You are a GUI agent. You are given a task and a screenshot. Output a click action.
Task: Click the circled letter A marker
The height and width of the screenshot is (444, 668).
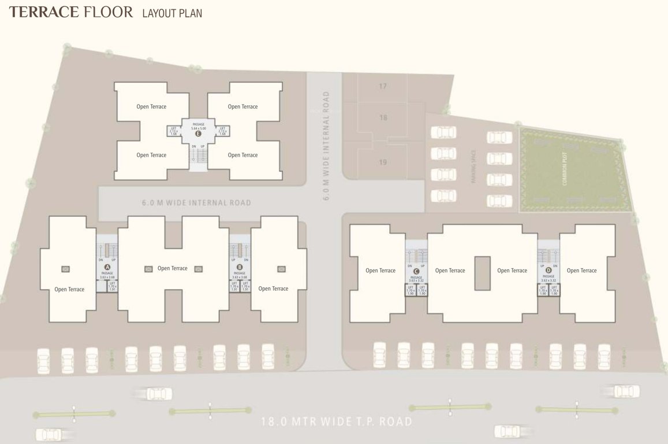point(107,267)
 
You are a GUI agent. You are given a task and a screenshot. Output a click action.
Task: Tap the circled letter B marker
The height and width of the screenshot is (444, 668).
point(240,267)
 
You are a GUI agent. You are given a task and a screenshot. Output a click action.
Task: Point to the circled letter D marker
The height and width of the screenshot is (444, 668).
point(548,270)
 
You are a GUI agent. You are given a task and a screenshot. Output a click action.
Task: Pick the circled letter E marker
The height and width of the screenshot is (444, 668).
point(198,134)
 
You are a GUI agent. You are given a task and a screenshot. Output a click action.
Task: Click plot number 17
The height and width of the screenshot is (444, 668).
point(383,87)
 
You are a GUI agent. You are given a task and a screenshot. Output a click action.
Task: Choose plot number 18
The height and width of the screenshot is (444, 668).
point(383,118)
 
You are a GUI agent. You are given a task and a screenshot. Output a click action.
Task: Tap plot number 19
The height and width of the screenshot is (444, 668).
point(383,162)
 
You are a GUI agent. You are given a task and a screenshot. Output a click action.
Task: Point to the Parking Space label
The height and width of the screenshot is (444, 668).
point(473,172)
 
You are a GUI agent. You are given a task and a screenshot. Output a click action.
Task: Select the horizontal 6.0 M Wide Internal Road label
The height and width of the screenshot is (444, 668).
point(196,203)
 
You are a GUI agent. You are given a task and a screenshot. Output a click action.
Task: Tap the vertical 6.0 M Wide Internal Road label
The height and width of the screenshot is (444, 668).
point(326,146)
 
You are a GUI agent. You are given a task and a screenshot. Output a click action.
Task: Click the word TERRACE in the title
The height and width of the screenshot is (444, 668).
point(43,12)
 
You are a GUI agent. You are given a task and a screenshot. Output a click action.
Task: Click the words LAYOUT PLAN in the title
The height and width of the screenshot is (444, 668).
point(172,13)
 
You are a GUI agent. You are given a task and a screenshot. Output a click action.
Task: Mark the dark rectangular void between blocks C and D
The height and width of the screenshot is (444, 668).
point(482,273)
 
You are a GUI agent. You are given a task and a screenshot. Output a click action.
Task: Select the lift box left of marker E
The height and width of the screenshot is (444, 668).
point(173,131)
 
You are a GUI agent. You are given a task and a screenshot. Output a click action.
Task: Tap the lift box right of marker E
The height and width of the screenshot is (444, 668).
point(222,131)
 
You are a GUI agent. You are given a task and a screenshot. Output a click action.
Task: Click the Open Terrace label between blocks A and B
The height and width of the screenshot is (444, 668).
point(173,268)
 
